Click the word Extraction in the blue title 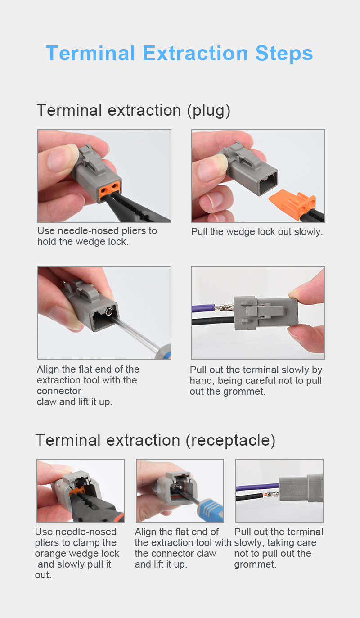(195, 53)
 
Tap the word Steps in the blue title (284, 54)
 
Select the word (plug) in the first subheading (208, 111)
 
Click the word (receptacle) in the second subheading (230, 440)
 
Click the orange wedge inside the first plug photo (110, 190)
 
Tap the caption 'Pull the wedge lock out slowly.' (257, 232)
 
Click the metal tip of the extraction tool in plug (109, 312)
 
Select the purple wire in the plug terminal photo (203, 308)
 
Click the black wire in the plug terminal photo (213, 321)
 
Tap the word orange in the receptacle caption (51, 554)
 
